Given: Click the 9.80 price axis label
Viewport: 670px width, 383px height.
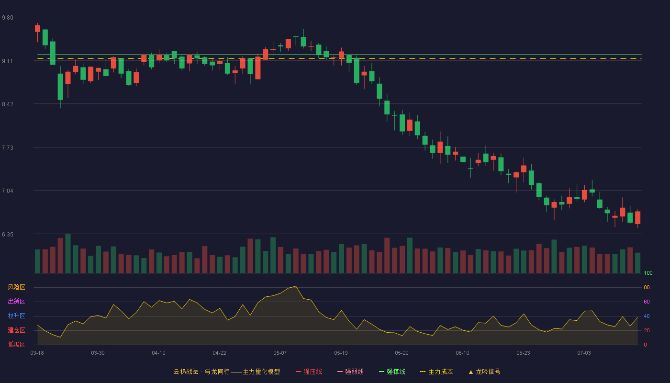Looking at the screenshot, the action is point(8,18).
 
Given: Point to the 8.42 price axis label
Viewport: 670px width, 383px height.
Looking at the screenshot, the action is point(8,104).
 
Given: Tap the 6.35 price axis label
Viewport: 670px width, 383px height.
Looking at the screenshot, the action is point(8,234).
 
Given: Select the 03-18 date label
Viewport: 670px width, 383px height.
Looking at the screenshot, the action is point(37,353).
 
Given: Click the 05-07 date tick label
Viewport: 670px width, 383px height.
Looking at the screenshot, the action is point(280,353).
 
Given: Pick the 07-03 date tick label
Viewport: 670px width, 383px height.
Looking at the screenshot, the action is point(584,353).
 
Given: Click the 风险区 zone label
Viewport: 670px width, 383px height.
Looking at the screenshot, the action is point(16,287).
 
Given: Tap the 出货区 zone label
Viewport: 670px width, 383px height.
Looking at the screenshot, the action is point(16,301).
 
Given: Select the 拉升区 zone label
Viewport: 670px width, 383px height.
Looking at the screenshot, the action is point(16,315).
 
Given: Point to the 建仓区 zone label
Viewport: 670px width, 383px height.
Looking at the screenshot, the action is point(16,330).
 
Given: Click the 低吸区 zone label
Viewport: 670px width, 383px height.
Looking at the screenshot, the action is point(16,344).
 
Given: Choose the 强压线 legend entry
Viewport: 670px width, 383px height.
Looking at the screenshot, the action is point(309,372).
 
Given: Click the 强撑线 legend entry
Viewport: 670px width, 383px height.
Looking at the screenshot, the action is point(392,372).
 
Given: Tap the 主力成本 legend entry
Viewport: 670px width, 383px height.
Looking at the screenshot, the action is point(436,372).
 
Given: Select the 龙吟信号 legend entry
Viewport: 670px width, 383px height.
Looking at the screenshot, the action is point(484,372).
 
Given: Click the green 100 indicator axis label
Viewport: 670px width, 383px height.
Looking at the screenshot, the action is point(648,273).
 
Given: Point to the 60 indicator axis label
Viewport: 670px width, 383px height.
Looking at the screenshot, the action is point(647,302).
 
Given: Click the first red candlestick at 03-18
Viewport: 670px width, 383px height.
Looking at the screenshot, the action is point(37,29).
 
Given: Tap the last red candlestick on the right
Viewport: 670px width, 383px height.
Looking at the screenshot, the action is point(637,218).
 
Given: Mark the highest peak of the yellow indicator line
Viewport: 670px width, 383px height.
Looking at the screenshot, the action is point(296,286).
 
